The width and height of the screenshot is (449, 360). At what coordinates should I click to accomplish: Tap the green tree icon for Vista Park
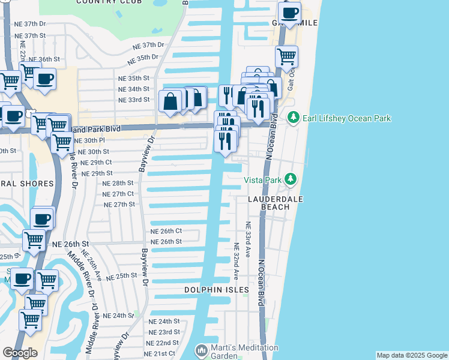pos(291,179)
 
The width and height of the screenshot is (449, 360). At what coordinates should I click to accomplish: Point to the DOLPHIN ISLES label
pos(217,290)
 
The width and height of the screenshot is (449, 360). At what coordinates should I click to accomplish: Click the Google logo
pos(20,352)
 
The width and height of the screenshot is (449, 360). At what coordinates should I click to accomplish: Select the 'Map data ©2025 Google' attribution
pos(411,355)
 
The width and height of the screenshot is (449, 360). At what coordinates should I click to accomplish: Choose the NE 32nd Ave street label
pos(237,262)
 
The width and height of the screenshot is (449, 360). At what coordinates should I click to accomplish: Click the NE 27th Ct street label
pos(118,194)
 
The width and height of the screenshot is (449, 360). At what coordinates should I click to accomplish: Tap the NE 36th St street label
pos(49,59)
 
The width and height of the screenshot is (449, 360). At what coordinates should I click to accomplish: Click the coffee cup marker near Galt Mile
pos(290,13)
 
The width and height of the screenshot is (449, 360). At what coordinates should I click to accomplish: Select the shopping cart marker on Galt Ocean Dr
pos(286,56)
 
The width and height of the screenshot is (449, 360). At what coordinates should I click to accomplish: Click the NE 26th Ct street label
pos(166,231)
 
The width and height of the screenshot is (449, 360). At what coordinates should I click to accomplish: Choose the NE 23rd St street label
pos(164,332)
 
